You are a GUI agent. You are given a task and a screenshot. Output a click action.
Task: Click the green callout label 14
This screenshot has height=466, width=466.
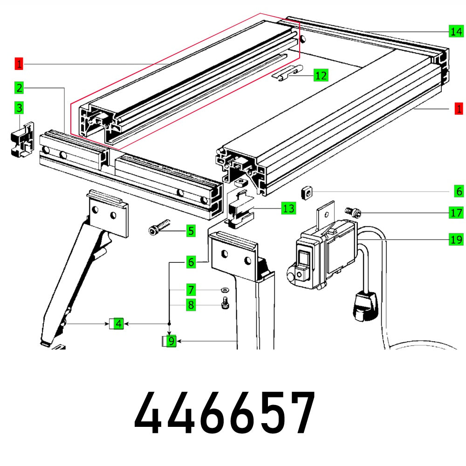(456, 32)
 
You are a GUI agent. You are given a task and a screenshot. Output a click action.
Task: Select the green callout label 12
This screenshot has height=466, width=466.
(321, 75)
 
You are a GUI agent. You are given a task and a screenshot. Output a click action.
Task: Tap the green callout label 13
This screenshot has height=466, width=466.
(289, 208)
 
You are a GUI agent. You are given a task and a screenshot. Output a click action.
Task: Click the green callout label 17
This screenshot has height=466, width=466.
(456, 213)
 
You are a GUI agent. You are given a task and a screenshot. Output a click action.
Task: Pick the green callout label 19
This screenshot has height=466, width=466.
(456, 240)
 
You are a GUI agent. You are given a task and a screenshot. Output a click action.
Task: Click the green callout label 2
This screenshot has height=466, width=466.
(19, 88)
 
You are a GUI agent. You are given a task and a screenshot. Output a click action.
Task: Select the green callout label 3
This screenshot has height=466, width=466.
(19, 108)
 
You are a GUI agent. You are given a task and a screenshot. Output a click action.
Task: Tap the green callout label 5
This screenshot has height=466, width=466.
(190, 230)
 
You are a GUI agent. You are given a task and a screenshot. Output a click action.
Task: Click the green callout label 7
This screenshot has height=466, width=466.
(190, 290)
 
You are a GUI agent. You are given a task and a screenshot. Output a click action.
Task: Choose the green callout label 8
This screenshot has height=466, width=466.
(190, 305)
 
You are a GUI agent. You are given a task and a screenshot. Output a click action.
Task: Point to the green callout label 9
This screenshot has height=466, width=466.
(171, 341)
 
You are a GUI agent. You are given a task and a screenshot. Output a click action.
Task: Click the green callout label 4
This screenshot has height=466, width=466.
(119, 323)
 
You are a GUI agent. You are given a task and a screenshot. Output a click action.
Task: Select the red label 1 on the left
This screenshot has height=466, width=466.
(19, 63)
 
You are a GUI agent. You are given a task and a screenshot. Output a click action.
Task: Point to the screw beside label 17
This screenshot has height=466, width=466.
(353, 212)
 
